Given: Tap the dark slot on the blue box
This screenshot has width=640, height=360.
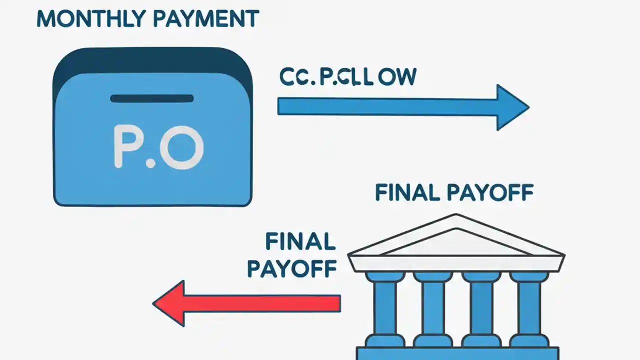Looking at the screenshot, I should coord(151,98).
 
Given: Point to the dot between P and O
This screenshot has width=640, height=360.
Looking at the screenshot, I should coord(150,163).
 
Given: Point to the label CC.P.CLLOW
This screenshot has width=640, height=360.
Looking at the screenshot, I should coord(347,77).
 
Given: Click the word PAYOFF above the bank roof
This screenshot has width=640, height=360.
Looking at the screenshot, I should coord(490,193).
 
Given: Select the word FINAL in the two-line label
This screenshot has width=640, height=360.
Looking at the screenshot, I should coord(300,242).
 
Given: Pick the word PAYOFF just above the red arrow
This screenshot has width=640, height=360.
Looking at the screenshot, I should coord(291,268).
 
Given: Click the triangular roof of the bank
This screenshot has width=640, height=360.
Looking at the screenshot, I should coord(455,237).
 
